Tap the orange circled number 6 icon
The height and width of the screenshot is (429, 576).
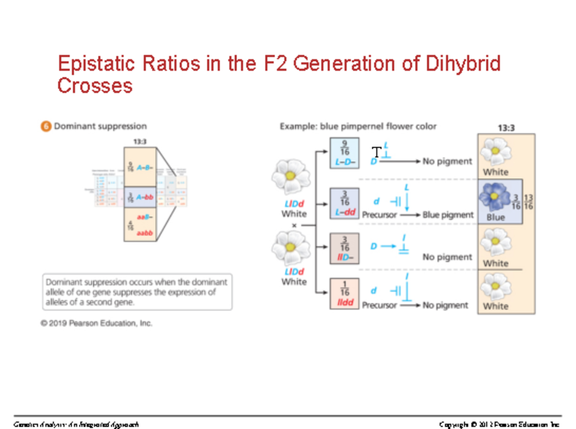46,127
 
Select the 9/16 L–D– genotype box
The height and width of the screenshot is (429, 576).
344,153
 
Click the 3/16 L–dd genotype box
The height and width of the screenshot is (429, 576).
344,203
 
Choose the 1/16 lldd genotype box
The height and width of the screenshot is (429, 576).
344,293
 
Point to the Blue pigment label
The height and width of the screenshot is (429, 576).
447,215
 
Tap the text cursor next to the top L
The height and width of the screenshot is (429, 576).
377,153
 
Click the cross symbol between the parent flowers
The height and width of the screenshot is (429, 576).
294,225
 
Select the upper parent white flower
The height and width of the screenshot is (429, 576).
290,176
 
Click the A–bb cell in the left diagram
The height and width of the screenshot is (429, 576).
140,197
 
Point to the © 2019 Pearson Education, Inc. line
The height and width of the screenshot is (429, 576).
96,323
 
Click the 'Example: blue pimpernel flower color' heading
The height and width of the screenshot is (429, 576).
358,127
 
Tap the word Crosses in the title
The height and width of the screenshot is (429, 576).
95,86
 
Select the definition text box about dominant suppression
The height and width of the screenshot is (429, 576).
137,292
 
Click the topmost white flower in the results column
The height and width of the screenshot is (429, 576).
496,152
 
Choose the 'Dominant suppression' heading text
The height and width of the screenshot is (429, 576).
100,127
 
